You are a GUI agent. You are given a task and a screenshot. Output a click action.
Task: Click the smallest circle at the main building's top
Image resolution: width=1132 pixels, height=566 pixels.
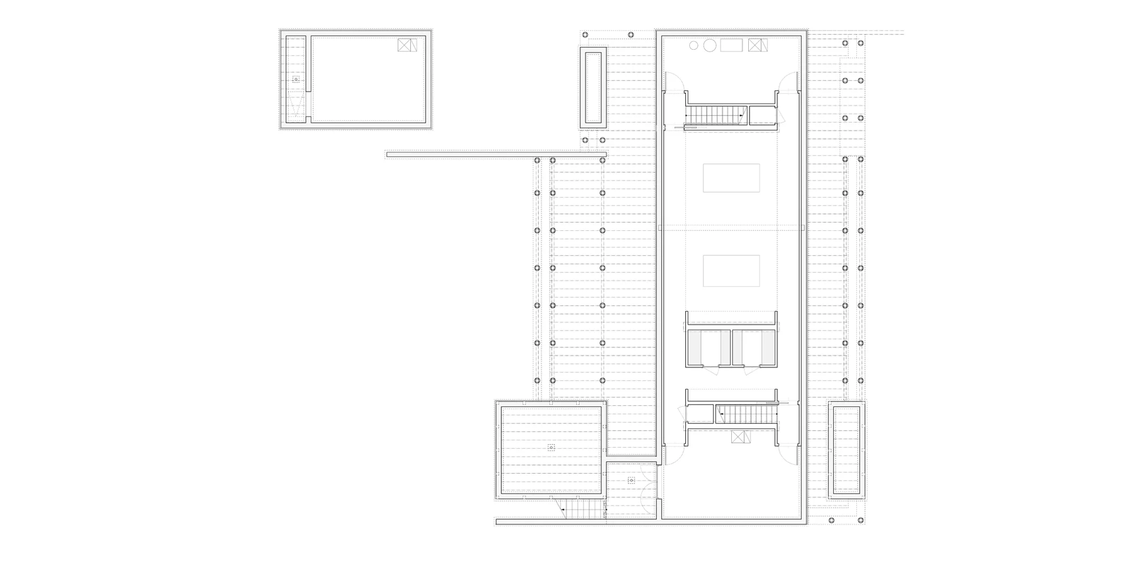point(694,45)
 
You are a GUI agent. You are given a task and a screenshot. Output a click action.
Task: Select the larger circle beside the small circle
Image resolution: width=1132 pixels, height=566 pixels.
point(709,45)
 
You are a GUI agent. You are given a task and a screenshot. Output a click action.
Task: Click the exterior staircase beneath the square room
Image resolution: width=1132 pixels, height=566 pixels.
point(583,509)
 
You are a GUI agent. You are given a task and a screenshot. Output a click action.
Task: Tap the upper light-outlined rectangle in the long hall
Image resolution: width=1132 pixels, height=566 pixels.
point(731,178)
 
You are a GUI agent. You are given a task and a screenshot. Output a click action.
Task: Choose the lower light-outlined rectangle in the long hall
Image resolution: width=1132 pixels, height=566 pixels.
point(731,271)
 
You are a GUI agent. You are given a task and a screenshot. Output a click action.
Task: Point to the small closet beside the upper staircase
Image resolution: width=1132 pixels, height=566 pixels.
point(762,115)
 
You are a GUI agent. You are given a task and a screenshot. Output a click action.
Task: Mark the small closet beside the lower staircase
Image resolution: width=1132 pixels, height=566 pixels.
point(700,414)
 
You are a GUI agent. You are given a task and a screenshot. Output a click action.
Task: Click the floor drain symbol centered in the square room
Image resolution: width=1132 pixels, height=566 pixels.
point(551,447)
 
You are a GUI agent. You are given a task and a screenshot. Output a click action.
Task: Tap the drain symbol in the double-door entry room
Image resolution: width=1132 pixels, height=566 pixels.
point(631,481)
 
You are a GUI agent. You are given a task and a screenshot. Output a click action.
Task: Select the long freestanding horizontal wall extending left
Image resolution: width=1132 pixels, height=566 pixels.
point(496,154)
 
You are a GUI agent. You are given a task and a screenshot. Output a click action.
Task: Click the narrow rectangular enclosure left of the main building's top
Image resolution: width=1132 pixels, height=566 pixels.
point(593,88)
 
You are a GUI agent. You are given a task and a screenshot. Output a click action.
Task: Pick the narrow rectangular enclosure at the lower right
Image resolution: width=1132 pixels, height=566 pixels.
point(846,450)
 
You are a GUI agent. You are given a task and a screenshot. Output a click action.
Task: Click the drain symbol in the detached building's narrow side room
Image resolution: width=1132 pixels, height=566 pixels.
point(295,79)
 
